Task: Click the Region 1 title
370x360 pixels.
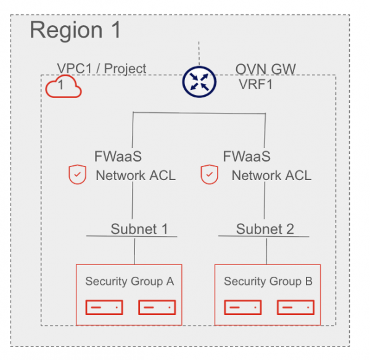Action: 76,30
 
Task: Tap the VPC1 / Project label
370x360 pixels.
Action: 102,68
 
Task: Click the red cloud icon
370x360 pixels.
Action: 64,88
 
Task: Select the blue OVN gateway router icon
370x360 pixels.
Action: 199,83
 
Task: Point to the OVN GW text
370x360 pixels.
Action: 266,68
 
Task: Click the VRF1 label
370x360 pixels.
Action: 256,84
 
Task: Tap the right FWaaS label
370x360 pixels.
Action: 247,157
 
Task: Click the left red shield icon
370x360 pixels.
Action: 76,176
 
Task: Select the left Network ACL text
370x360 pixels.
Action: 135,176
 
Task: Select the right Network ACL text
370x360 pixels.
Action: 271,176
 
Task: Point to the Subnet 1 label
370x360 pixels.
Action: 139,229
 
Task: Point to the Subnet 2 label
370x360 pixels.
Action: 265,229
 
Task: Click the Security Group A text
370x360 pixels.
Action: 129,282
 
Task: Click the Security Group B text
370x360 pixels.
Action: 268,282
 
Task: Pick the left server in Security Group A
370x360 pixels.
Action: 104,306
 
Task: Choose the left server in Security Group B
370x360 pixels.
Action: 242,306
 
